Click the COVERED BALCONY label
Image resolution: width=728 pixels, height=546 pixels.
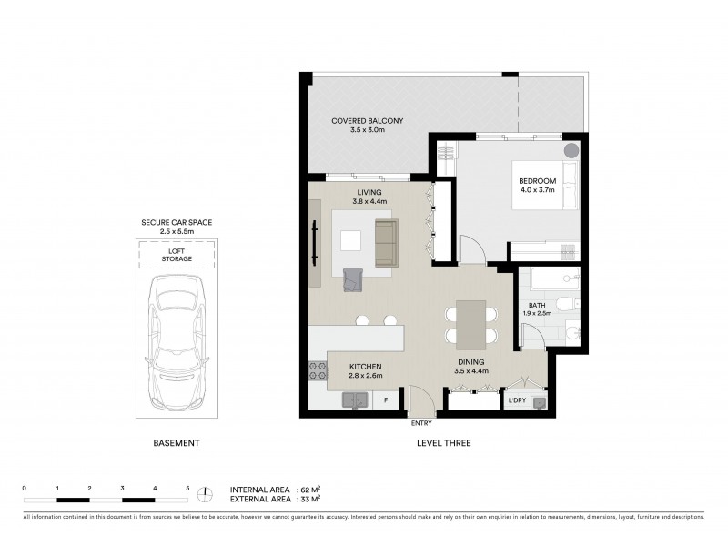click(x=367, y=120)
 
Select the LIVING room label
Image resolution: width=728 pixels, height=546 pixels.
click(x=369, y=192)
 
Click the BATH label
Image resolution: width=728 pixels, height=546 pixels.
click(x=538, y=306)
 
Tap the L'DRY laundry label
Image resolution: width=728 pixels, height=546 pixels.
click(x=516, y=400)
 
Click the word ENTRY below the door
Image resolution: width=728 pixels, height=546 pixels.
click(x=420, y=423)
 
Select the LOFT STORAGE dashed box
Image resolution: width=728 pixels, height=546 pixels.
click(x=177, y=255)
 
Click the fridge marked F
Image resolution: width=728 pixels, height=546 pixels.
click(x=386, y=399)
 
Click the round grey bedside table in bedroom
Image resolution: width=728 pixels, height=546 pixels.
click(x=571, y=151)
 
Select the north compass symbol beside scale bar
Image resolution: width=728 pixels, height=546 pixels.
click(x=207, y=494)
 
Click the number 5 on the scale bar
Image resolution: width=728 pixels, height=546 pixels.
click(x=187, y=489)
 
